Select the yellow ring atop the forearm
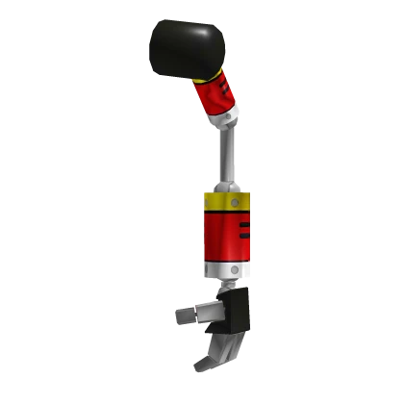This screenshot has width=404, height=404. (x=227, y=204)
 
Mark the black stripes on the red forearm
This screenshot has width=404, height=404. (x=245, y=232)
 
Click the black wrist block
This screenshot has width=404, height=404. (x=239, y=310)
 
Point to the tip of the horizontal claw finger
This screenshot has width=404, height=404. (x=174, y=314)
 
